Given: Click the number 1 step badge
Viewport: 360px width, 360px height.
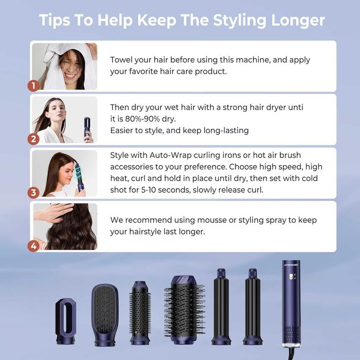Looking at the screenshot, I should point(34,85).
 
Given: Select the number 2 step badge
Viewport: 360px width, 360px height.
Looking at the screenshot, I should point(34,138).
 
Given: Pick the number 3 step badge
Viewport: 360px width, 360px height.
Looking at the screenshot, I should point(34,192).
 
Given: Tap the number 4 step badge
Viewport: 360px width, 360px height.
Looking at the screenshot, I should point(34,246).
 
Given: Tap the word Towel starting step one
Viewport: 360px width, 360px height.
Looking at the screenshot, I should point(122,60).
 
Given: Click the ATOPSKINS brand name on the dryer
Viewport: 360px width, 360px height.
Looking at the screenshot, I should point(291,265).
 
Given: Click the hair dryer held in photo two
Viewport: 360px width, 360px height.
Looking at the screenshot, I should point(88,129).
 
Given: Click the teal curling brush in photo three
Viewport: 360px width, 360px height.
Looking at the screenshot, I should point(79,175).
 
